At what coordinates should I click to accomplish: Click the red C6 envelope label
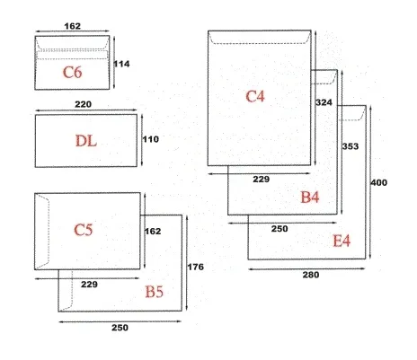click(72, 73)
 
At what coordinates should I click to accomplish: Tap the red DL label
click(86, 141)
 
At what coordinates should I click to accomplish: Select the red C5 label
click(84, 230)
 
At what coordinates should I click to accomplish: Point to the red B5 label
click(155, 292)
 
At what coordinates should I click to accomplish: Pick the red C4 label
click(255, 97)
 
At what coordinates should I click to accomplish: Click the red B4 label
click(310, 198)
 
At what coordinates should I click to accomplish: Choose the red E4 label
click(342, 241)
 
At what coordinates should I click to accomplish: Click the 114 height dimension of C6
click(121, 64)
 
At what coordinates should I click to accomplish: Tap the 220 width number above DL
click(83, 104)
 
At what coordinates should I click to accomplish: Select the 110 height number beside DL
click(151, 139)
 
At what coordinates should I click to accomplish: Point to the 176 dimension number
click(196, 267)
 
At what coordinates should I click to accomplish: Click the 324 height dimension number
click(324, 102)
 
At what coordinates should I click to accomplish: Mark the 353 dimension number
click(350, 146)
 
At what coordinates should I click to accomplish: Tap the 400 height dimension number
click(379, 182)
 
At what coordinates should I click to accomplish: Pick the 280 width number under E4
click(311, 275)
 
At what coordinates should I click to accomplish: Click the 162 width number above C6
click(72, 26)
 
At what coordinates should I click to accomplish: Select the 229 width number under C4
click(262, 180)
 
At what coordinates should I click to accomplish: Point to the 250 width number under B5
click(120, 328)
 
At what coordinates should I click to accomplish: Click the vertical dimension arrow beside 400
click(370, 182)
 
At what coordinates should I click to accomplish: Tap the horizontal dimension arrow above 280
click(306, 269)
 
